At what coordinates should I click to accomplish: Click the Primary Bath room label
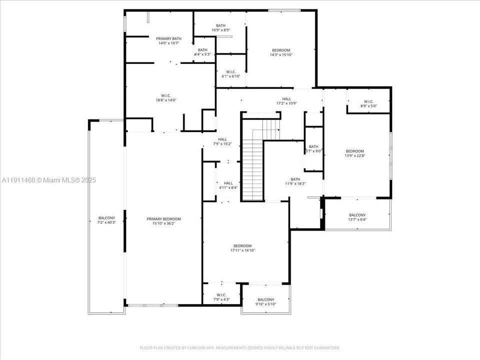pos(169,41)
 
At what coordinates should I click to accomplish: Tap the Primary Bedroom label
pos(163,221)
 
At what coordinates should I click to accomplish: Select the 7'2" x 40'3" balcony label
pos(106,220)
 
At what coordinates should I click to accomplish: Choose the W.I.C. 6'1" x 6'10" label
pos(230,74)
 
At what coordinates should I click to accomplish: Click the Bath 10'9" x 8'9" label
pos(220,28)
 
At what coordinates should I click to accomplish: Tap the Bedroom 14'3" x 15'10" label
pos(281,52)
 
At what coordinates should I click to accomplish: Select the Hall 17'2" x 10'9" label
pos(286,101)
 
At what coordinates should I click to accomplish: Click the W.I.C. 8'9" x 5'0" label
pos(368,103)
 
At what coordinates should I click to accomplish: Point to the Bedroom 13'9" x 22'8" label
pos(355,153)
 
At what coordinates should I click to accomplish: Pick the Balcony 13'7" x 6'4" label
pos(357,217)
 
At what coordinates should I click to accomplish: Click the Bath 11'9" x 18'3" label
pos(295,181)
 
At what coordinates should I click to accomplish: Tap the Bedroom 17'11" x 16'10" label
pos(242,248)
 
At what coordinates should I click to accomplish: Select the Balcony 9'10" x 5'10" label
pos(265,302)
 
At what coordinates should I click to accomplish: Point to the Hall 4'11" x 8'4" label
pos(228,185)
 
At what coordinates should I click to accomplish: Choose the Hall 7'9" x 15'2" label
pos(222,141)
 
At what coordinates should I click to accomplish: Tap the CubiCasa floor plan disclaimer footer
pos(240,347)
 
